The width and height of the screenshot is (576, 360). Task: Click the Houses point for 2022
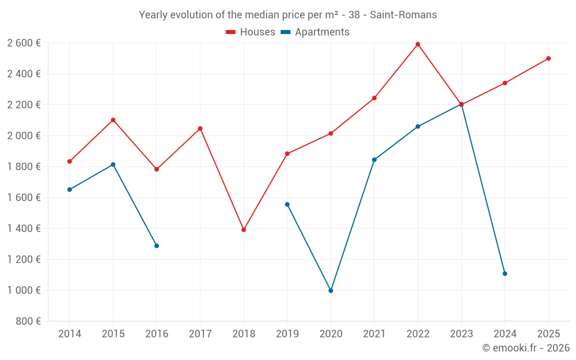click(418, 44)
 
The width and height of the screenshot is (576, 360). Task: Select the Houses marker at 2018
click(244, 230)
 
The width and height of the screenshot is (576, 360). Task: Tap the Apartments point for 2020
click(331, 291)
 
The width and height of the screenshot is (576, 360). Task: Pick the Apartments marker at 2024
click(505, 274)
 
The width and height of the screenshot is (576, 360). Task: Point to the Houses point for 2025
click(548, 58)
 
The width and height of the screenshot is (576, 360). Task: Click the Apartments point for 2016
click(157, 246)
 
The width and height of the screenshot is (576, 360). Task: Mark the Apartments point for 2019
click(287, 204)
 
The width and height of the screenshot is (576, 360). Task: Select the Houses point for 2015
click(113, 120)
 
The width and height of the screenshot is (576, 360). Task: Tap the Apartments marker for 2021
click(374, 160)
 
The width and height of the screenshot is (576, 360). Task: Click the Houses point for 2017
click(200, 128)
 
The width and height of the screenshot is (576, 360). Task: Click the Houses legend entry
click(251, 32)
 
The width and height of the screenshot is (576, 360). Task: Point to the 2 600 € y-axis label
click(24, 43)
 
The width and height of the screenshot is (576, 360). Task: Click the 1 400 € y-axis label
click(24, 229)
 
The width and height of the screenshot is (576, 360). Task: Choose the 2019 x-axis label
click(287, 334)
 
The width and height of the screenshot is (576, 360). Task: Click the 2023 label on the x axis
click(461, 334)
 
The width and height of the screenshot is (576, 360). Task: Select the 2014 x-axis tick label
click(70, 334)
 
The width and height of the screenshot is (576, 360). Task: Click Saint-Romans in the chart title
click(403, 15)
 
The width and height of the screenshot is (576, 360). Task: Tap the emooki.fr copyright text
click(526, 348)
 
